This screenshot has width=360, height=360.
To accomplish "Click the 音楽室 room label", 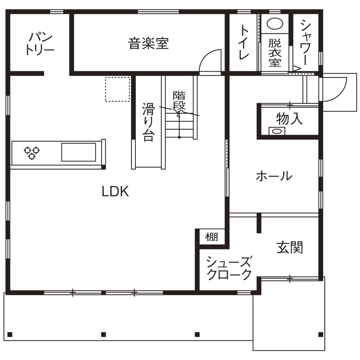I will (x=148, y=43).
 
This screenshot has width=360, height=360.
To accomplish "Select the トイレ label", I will (x=244, y=42).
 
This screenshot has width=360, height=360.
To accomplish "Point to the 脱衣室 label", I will (x=275, y=53).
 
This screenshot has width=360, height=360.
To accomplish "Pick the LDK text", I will (x=115, y=192).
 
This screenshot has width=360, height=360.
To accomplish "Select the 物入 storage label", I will (x=289, y=118).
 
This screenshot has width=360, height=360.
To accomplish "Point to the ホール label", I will (x=274, y=176).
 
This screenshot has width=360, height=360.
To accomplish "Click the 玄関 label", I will (x=290, y=247).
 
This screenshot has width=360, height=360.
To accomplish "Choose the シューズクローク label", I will (x=228, y=268).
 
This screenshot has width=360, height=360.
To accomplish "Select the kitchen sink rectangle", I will (x=78, y=152).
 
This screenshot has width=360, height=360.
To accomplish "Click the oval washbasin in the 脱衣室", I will (x=275, y=23).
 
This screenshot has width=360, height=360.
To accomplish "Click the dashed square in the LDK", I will (x=117, y=89).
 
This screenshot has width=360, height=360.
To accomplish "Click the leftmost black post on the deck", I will (x=10, y=334).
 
